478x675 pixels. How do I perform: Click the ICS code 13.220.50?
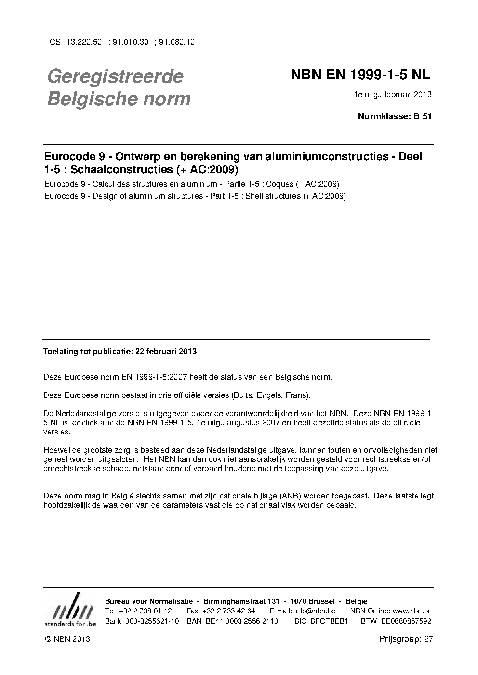coord(83,42)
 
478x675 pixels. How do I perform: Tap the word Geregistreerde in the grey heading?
coord(115,76)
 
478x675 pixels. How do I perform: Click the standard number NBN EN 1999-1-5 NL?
coord(360,75)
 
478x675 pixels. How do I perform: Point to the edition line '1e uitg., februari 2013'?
coord(393,94)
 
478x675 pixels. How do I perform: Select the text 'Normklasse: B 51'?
coord(395,116)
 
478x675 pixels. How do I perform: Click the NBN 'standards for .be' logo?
coord(70,611)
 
